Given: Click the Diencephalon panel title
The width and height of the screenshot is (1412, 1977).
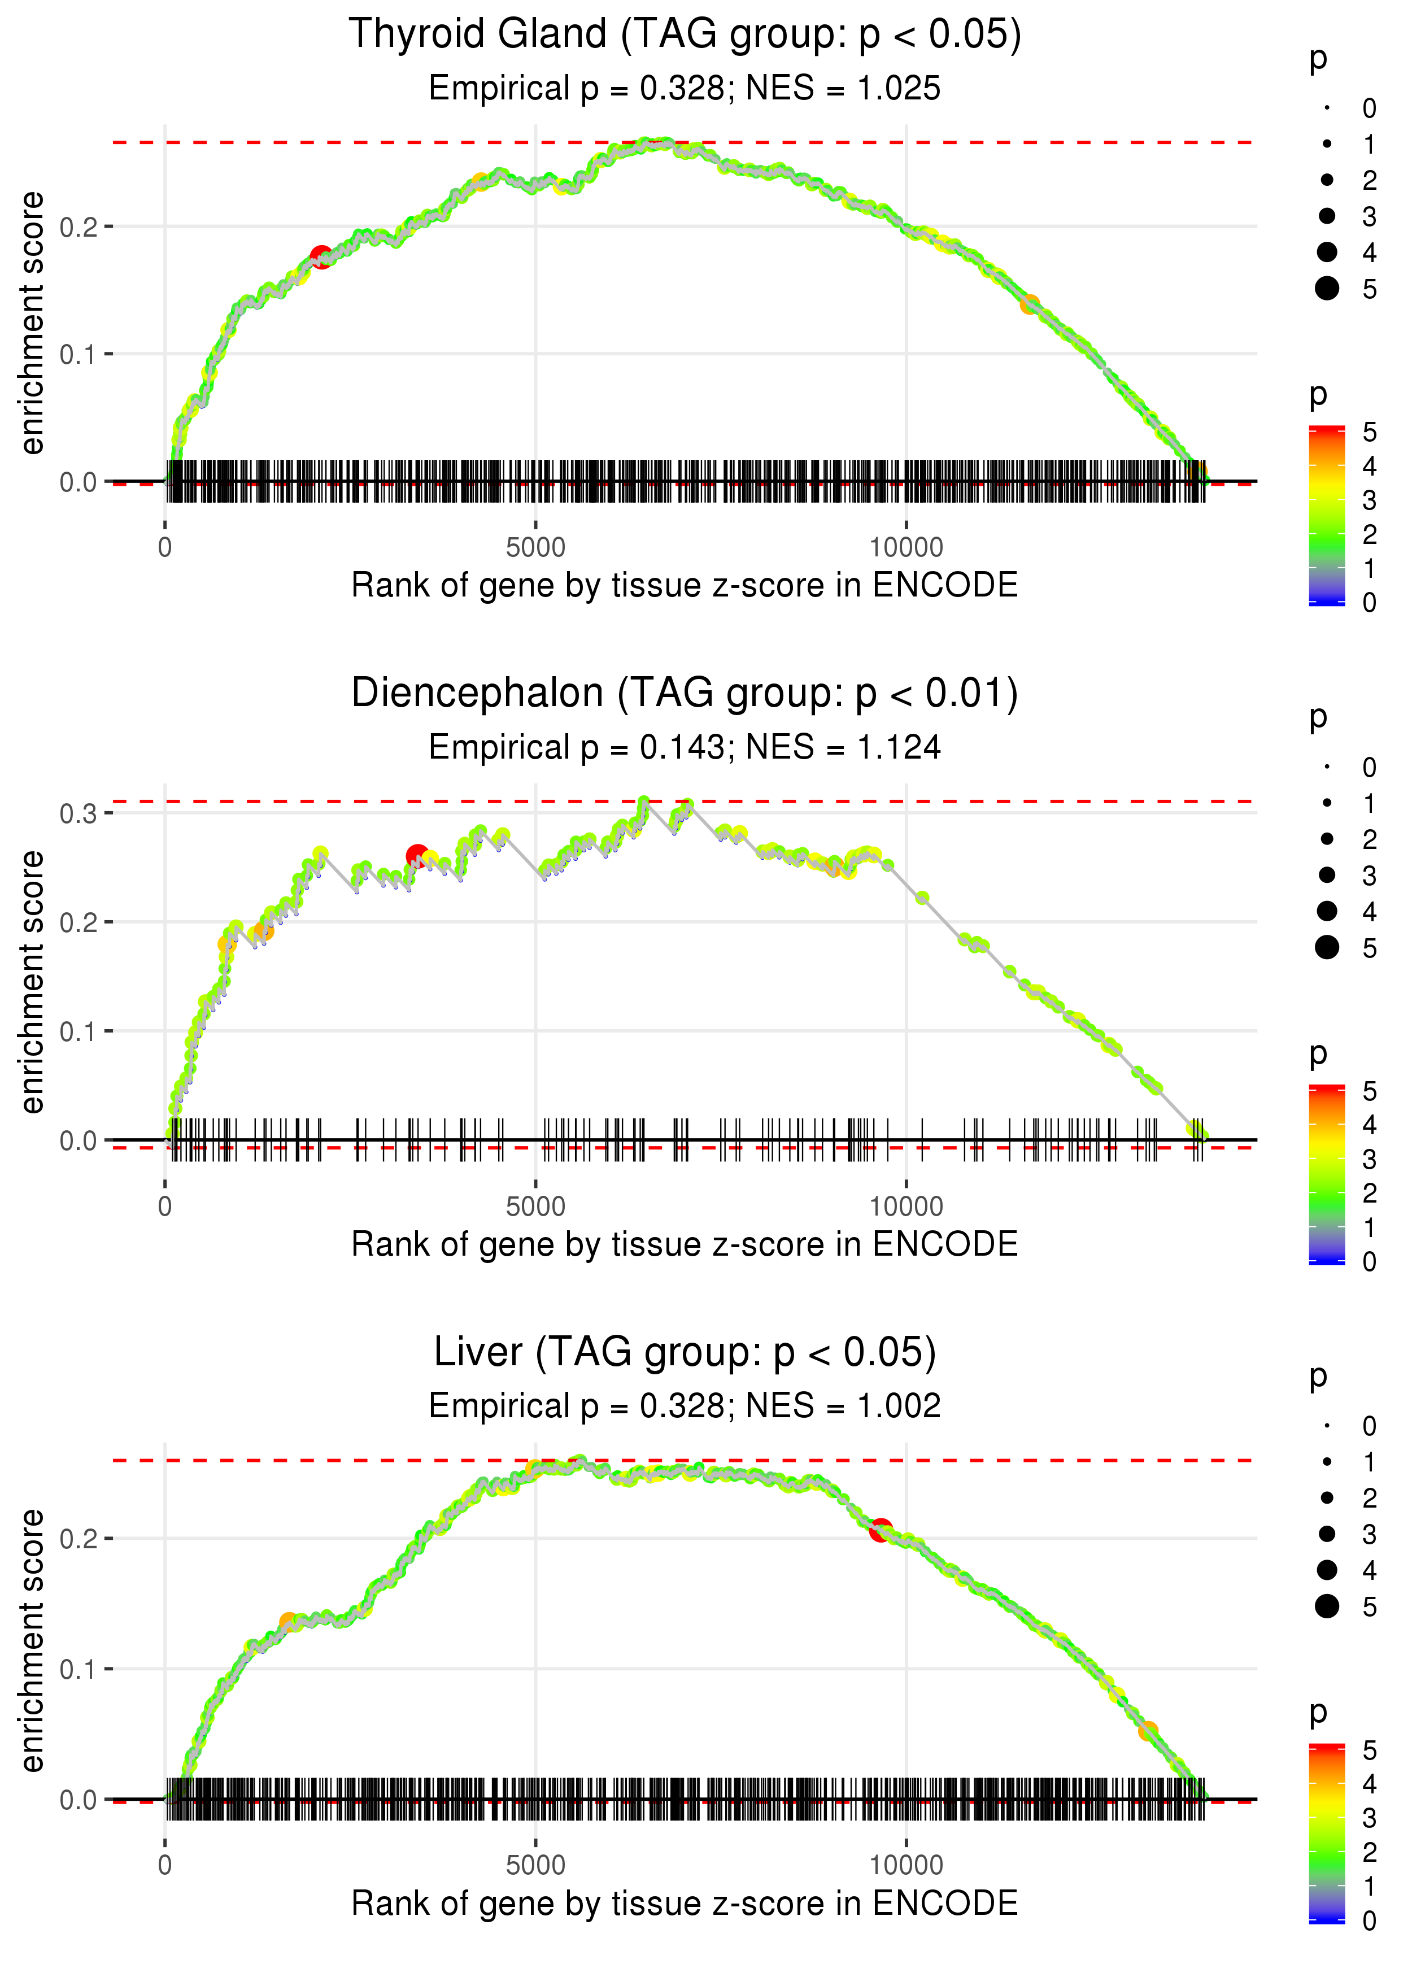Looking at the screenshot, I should [x=685, y=694].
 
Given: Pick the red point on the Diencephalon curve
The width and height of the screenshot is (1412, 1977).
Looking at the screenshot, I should [x=417, y=856].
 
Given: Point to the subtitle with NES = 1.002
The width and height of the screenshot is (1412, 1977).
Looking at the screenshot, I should [x=685, y=1406].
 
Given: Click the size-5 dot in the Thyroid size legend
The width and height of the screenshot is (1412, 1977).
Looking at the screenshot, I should [x=1327, y=288].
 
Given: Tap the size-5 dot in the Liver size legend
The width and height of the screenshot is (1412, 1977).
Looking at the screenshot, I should [x=1327, y=1606].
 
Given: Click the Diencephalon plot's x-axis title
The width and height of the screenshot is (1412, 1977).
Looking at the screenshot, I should [x=685, y=1244].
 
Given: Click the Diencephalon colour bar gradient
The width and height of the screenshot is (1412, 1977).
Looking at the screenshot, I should [x=1326, y=1174].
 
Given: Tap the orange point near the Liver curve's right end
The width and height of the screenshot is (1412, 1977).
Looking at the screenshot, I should [x=1148, y=1731].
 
